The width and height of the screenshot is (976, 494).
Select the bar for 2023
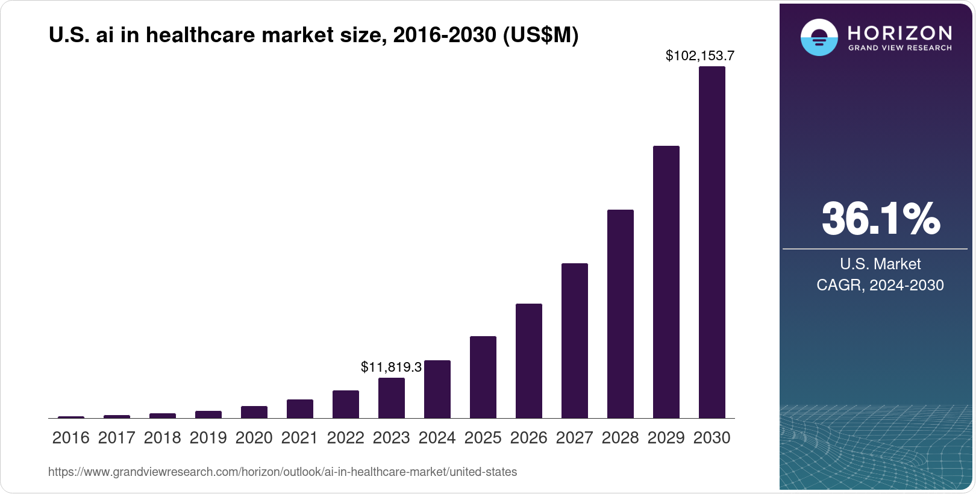[x=391, y=398]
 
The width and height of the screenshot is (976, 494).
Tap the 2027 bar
[x=574, y=340]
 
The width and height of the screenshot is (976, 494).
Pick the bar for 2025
[x=483, y=377]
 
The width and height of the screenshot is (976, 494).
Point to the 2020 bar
[x=254, y=412]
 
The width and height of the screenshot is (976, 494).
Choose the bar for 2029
[x=666, y=282]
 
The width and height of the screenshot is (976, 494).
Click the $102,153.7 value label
[x=699, y=56]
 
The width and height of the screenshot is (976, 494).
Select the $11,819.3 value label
[x=391, y=367]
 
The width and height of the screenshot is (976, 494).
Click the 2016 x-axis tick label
[x=70, y=438]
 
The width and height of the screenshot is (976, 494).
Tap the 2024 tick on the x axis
[x=437, y=438]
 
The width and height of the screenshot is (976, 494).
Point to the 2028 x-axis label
[x=620, y=438]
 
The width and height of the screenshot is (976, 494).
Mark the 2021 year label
[x=299, y=438]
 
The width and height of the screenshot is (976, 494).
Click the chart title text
[x=313, y=36]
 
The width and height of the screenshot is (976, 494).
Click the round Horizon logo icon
[x=819, y=37]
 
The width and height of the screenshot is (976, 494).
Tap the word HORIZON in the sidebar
[x=899, y=33]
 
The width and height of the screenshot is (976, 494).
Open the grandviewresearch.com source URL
[x=282, y=472]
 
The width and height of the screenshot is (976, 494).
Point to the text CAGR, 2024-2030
[x=880, y=285]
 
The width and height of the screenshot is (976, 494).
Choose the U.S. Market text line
[x=880, y=264]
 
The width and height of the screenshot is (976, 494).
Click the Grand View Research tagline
[x=899, y=48]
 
